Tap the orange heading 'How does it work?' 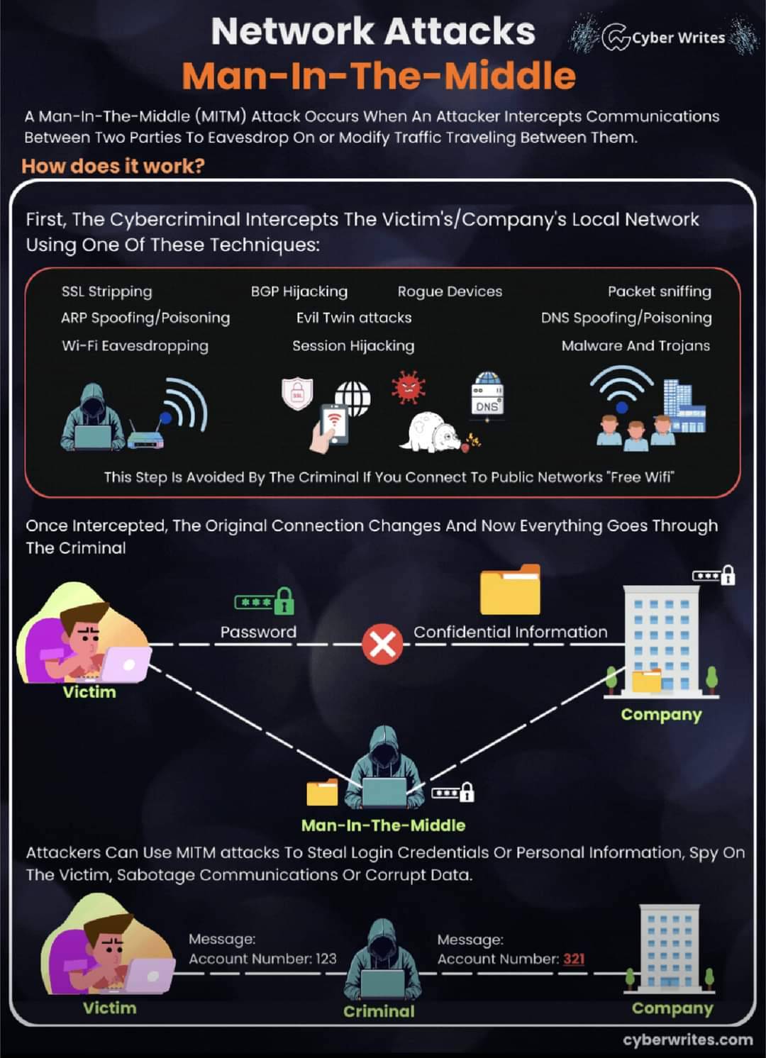tap(113, 166)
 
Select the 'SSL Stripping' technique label tap(107, 292)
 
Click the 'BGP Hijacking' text tap(299, 292)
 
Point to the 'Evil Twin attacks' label tap(354, 318)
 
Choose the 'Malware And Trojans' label tap(635, 346)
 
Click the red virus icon tap(409, 387)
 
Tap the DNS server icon tap(487, 394)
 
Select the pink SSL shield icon tap(297, 394)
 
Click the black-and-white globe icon tap(353, 398)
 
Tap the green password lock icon tap(265, 601)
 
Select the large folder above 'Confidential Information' tap(510, 589)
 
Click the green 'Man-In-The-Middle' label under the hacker tap(383, 825)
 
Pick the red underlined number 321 tap(574, 959)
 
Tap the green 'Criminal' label tap(379, 1011)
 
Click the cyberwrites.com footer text tap(687, 1040)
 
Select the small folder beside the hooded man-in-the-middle tap(322, 792)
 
